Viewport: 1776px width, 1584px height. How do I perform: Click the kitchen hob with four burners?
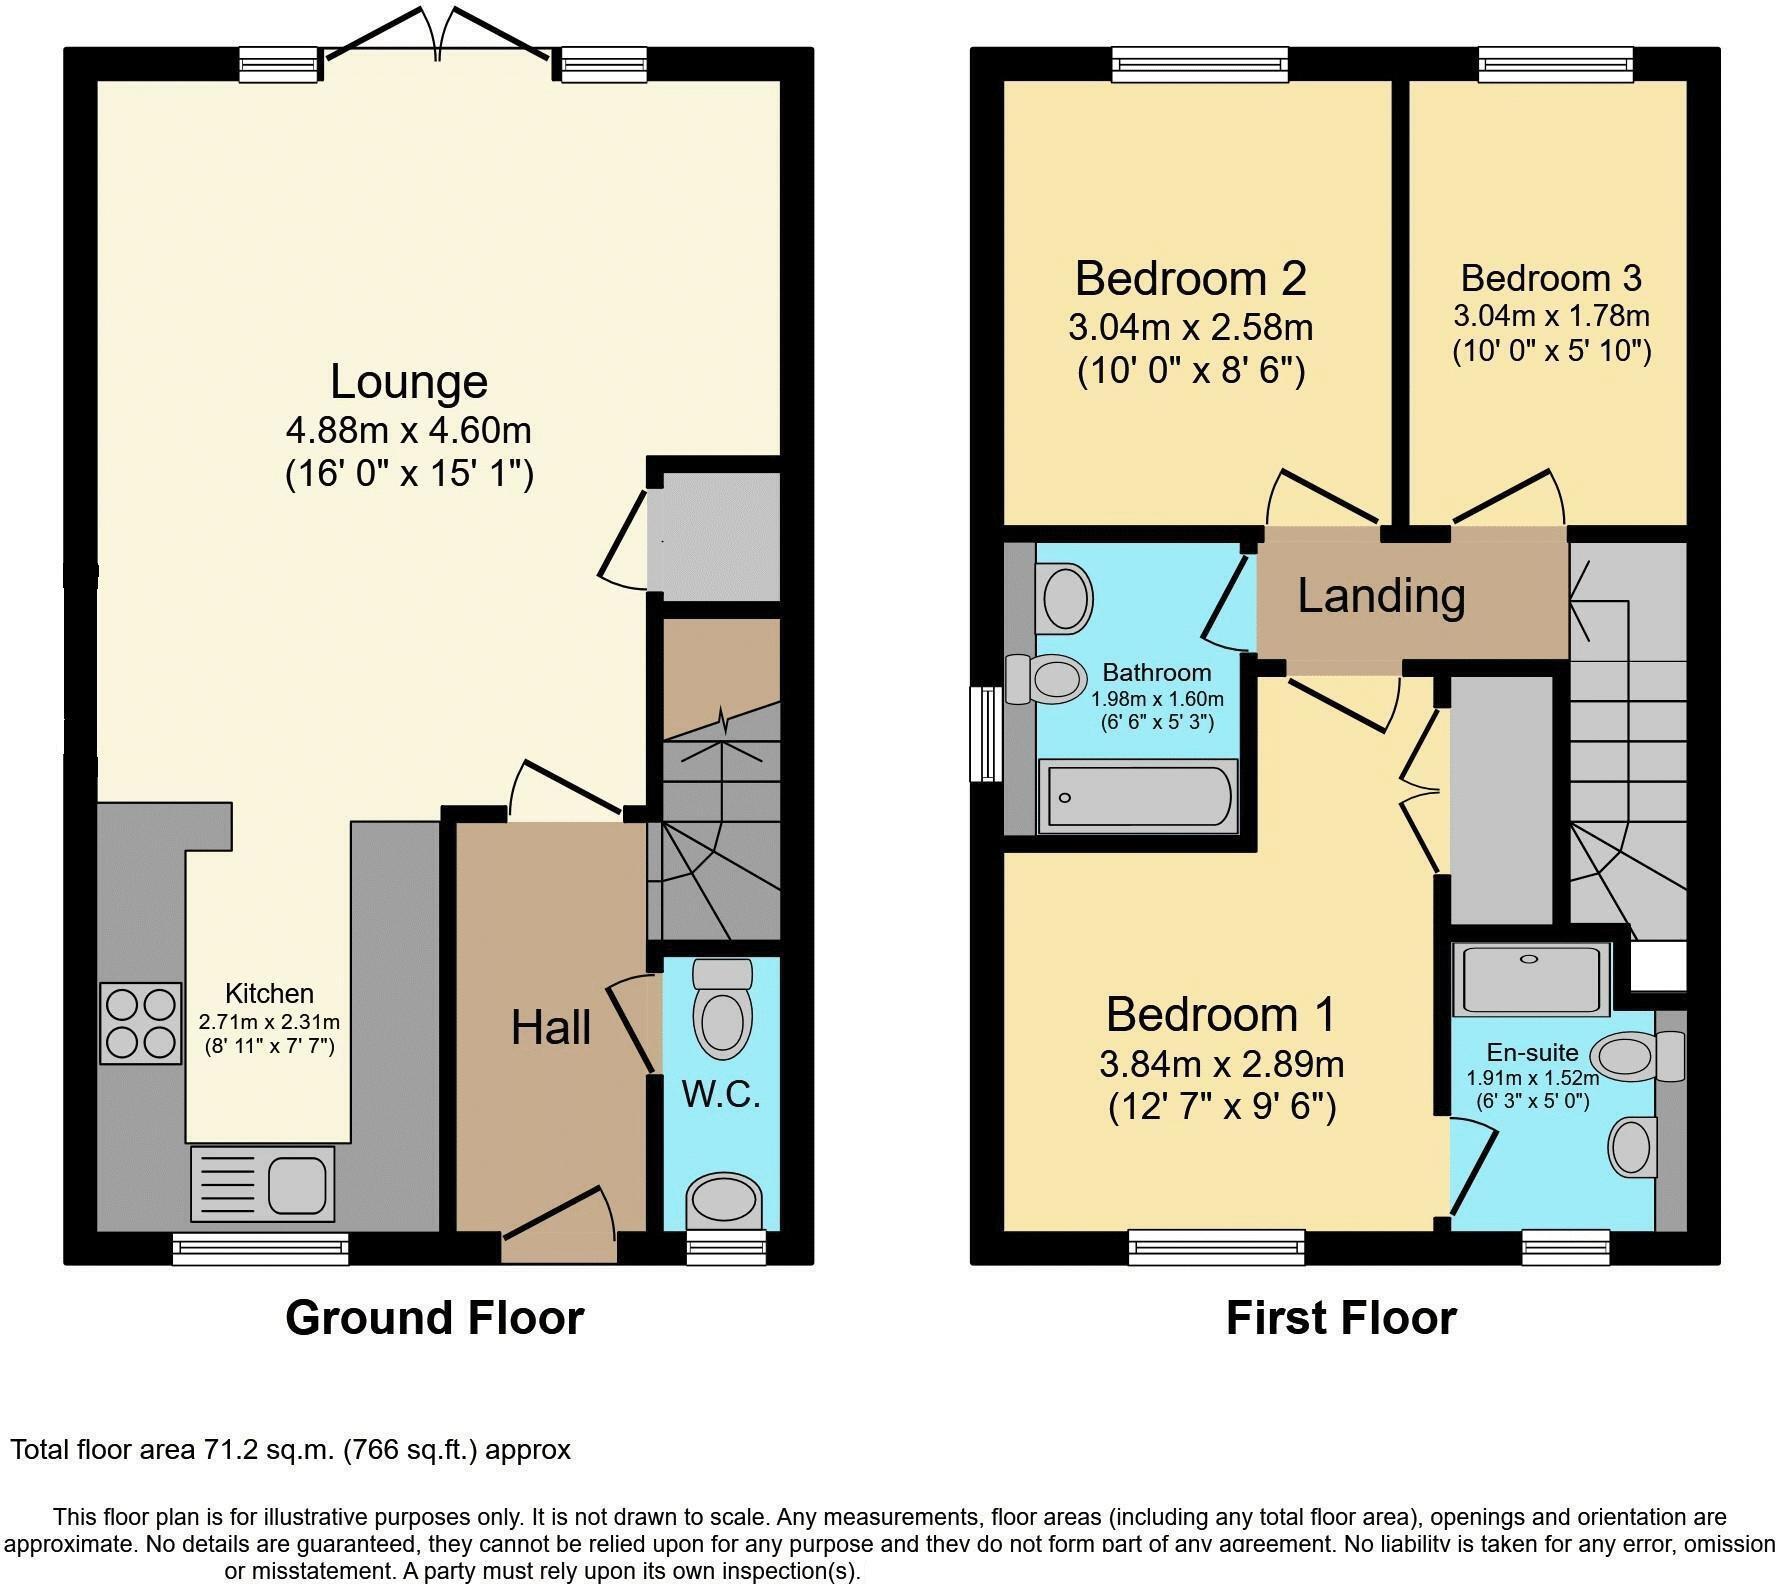pyautogui.click(x=141, y=1023)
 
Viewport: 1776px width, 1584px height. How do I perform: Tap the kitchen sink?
pyautogui.click(x=262, y=1183)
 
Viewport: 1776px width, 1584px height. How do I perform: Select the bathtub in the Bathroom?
pyautogui.click(x=1138, y=796)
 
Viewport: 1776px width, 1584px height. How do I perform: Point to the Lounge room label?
pyautogui.click(x=409, y=382)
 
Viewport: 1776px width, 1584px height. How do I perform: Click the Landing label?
pyautogui.click(x=1381, y=596)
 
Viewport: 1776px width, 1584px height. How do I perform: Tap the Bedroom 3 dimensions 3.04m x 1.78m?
pyautogui.click(x=1551, y=317)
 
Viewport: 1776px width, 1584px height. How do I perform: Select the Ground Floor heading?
pyautogui.click(x=434, y=1318)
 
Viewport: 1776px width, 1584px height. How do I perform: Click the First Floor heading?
pyautogui.click(x=1340, y=1318)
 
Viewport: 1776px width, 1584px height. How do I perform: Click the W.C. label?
pyautogui.click(x=721, y=1094)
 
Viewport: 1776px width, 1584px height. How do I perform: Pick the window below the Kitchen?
pyautogui.click(x=260, y=1248)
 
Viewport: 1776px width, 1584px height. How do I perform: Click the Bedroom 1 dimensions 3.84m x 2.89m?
pyautogui.click(x=1221, y=1064)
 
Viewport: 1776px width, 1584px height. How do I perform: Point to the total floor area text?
pyautogui.click(x=290, y=1450)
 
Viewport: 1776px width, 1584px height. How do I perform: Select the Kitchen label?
pyautogui.click(x=269, y=993)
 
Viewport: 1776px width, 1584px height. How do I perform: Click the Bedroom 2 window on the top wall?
pyautogui.click(x=1200, y=66)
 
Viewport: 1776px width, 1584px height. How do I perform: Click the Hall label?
pyautogui.click(x=551, y=1028)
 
